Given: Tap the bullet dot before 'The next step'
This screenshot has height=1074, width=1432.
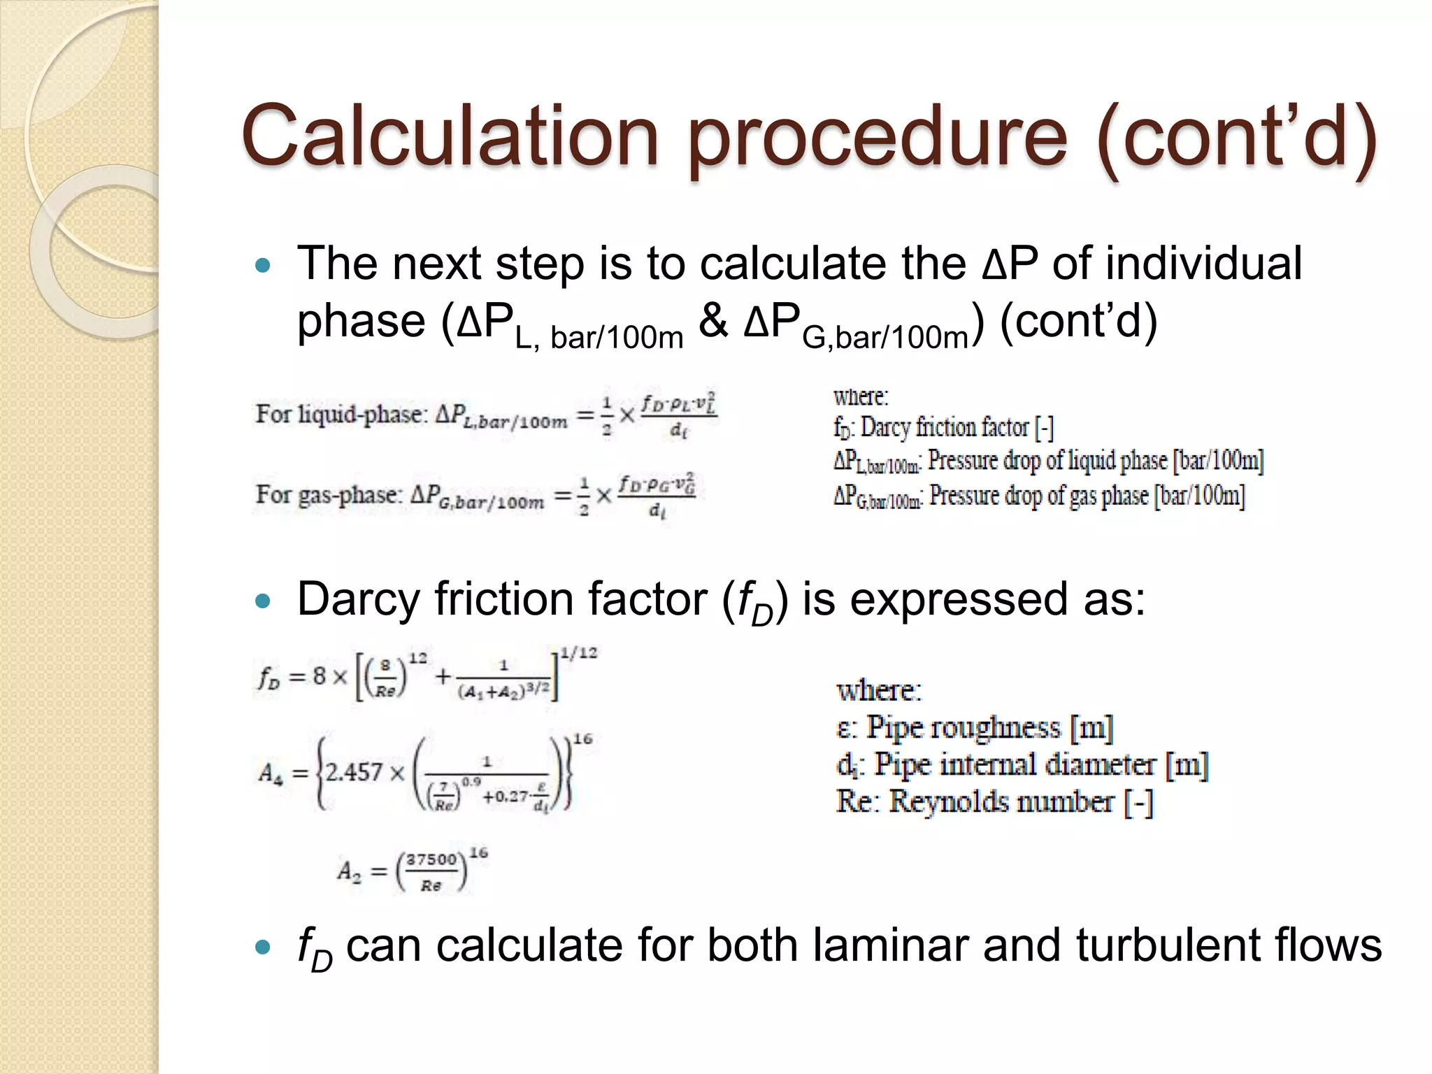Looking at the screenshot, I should coord(263,265).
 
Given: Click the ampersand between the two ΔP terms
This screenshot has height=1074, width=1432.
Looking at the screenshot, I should coord(713,322).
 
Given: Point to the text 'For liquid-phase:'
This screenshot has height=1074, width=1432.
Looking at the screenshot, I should coord(341,414).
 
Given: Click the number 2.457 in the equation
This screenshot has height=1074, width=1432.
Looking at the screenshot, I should coord(355,773).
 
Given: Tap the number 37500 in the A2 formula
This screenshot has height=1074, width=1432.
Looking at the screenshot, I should coord(431,859).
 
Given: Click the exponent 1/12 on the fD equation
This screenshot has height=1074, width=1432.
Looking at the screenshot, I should coord(579,653).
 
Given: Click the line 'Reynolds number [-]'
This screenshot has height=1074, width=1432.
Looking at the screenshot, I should coord(1020,801).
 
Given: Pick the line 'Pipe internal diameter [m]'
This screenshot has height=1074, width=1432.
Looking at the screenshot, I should coord(1040,764).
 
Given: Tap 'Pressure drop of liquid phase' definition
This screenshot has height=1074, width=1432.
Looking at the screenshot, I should coord(1095,461).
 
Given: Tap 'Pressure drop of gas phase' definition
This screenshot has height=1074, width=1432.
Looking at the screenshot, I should coord(1087,496).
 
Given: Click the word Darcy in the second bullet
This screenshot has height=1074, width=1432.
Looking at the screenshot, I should coord(358,599).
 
